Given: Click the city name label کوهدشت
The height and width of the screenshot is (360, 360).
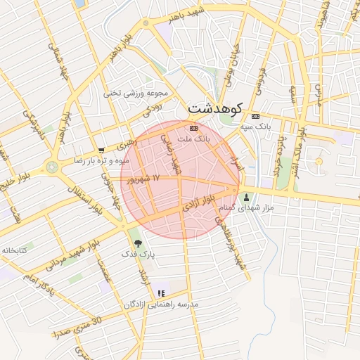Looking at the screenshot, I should (x=215, y=108).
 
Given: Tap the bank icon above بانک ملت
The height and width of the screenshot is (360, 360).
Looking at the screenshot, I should (x=194, y=129).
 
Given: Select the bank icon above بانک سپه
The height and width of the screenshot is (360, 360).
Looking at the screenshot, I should (x=255, y=116).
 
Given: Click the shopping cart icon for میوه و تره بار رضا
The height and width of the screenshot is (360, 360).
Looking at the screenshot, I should (x=102, y=150).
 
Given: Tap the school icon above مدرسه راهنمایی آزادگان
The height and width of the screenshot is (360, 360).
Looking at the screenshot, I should (x=162, y=292).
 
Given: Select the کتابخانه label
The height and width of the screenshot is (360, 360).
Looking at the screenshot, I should (x=14, y=250).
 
